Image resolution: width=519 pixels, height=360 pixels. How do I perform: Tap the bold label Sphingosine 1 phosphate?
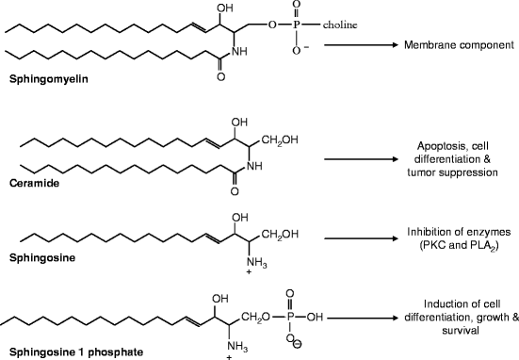(x=58, y=352)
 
